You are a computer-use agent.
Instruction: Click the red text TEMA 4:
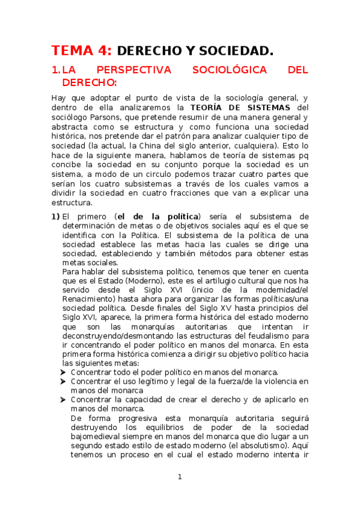[x=81, y=51]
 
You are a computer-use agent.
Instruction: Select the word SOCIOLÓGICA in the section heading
[x=229, y=70]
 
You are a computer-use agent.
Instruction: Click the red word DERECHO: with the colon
[x=90, y=82]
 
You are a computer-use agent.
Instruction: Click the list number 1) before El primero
[x=55, y=217]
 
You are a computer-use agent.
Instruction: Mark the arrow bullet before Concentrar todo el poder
[x=64, y=373]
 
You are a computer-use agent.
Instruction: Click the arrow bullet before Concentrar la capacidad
[x=64, y=400]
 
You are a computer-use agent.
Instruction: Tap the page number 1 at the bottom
[x=180, y=477]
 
